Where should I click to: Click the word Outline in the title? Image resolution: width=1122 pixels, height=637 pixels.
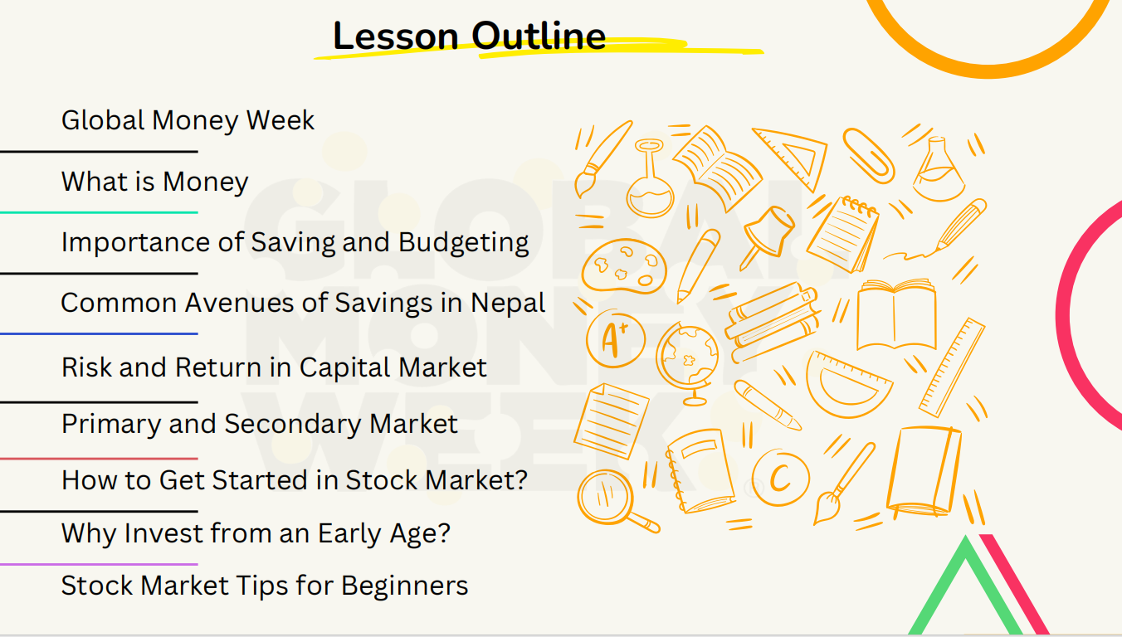pyautogui.click(x=539, y=36)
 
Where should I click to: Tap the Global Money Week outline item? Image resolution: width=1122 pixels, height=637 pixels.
pyautogui.click(x=188, y=121)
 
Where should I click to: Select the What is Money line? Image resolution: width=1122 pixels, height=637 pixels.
pyautogui.click(x=155, y=182)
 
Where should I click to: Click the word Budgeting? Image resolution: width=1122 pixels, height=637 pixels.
pyautogui.click(x=463, y=243)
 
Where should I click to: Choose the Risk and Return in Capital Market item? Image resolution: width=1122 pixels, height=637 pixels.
pyautogui.click(x=274, y=367)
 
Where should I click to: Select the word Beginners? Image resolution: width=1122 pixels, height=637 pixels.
pyautogui.click(x=405, y=586)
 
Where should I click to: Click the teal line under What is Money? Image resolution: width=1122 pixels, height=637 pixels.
pyautogui.click(x=100, y=212)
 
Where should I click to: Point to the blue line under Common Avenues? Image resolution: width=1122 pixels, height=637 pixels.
pyautogui.click(x=100, y=333)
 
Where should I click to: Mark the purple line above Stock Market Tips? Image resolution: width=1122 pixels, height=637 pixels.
pyautogui.click(x=100, y=564)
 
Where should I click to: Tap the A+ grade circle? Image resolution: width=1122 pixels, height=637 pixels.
pyautogui.click(x=616, y=338)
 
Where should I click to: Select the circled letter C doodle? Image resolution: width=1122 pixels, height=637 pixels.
pyautogui.click(x=780, y=477)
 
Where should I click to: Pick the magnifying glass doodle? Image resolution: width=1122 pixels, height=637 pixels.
pyautogui.click(x=615, y=501)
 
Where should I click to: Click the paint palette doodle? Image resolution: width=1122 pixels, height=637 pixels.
pyautogui.click(x=623, y=266)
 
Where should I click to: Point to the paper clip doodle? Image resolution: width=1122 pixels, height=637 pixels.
pyautogui.click(x=868, y=156)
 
